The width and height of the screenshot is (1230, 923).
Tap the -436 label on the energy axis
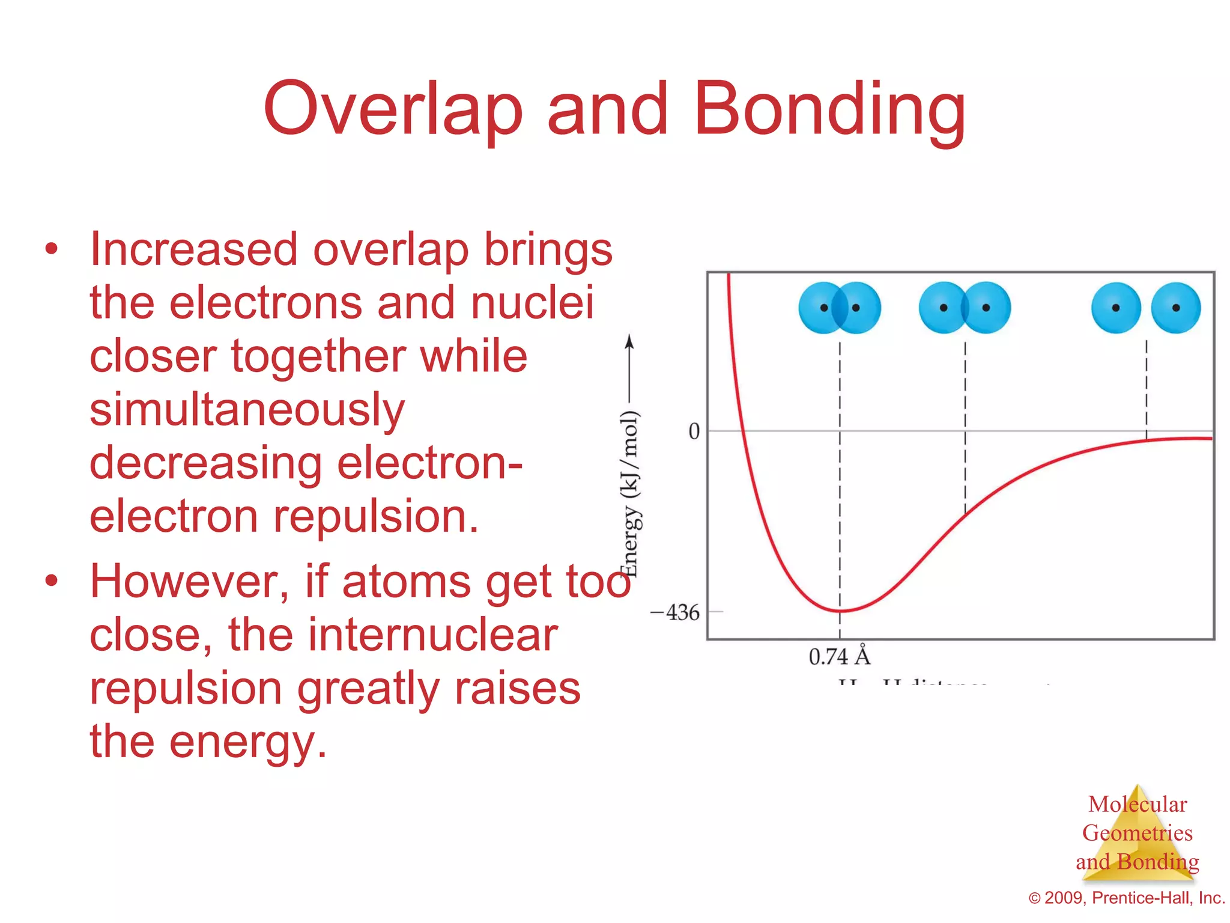coord(675,613)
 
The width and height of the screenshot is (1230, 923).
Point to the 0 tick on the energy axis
coord(694,431)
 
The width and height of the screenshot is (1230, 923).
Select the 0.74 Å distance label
coord(839,656)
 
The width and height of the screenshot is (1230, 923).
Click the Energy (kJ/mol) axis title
coord(629,493)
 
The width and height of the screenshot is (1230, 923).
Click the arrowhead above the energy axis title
coord(629,341)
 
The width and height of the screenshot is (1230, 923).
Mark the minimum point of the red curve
coord(840,611)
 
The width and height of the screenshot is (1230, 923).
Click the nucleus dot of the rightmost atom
coord(1176,308)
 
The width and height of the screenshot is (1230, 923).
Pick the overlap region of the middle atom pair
coord(965,308)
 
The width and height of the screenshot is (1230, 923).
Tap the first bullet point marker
coord(52,249)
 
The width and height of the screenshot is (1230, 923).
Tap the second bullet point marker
coord(52,581)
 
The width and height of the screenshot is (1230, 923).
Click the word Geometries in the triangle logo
coord(1137,833)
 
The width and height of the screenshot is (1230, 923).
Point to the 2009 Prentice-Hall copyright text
coord(1127,898)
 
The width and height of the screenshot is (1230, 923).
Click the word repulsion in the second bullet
coord(186,689)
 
